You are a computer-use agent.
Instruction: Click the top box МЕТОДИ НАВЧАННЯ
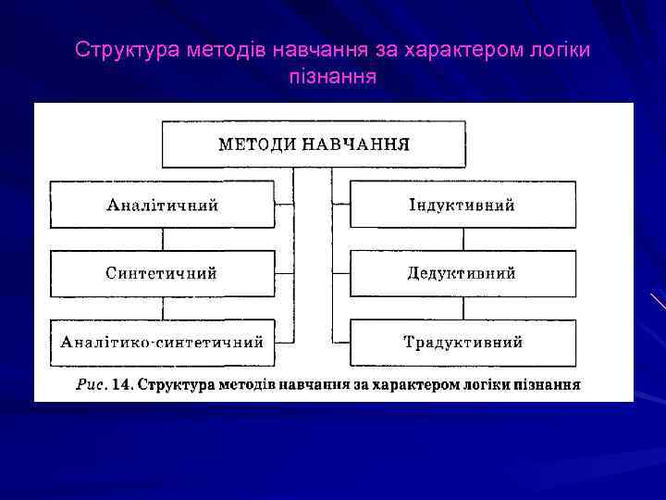[313, 144]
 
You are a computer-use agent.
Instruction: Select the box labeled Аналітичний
[162, 205]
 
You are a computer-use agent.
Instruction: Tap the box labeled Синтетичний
[162, 273]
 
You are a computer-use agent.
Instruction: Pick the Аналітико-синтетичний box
[162, 342]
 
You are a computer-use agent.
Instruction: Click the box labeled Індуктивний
[462, 205]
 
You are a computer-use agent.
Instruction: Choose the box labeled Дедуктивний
[462, 273]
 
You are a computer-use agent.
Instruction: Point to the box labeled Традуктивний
[462, 342]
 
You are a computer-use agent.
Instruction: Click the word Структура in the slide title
[117, 49]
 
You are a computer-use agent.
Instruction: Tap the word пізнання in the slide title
[332, 76]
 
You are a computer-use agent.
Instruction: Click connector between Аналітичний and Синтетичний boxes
[163, 239]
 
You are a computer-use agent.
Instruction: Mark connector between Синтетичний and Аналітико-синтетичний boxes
[163, 307]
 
